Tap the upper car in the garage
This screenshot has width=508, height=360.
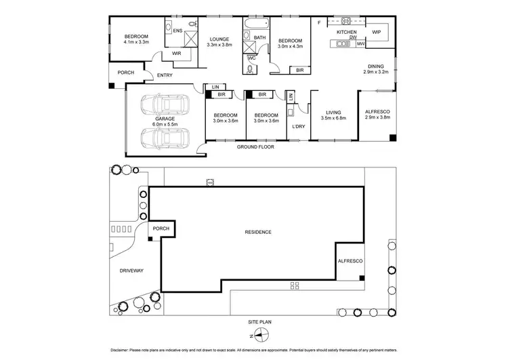coord(160,105)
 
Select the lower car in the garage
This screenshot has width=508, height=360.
coord(160,138)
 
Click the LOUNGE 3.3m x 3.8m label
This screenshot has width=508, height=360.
coord(219,42)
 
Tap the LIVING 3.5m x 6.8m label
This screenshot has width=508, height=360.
coord(333,116)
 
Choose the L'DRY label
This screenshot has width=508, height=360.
coord(297,127)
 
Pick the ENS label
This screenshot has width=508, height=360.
coord(178,31)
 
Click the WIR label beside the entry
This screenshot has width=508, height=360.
coord(176,53)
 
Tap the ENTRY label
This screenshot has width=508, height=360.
coord(165,75)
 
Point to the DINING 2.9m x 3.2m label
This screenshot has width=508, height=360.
coord(375,68)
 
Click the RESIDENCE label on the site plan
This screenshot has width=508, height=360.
coord(258,233)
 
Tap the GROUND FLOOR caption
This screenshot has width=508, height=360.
coord(255,146)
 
